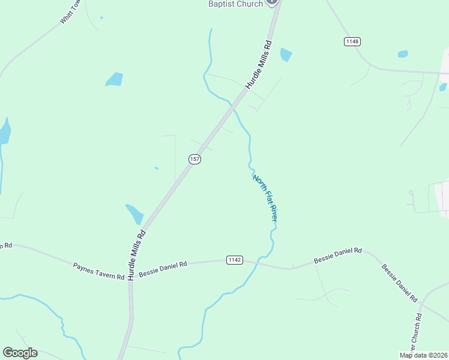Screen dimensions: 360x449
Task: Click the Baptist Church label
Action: click(x=235, y=4)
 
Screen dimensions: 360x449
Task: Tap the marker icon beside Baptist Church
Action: click(x=271, y=2)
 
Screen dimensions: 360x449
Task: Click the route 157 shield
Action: click(x=194, y=159)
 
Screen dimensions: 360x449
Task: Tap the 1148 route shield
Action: click(x=352, y=41)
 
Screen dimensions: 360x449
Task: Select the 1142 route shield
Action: click(x=235, y=260)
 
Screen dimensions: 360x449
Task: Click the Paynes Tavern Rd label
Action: click(x=98, y=271)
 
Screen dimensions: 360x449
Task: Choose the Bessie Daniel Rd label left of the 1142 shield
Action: click(x=163, y=268)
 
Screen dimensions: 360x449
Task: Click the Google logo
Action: click(x=20, y=353)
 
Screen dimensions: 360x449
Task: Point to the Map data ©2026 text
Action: click(x=423, y=355)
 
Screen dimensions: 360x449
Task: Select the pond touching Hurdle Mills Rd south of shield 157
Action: click(x=134, y=214)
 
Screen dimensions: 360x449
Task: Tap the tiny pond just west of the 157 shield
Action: click(x=157, y=168)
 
